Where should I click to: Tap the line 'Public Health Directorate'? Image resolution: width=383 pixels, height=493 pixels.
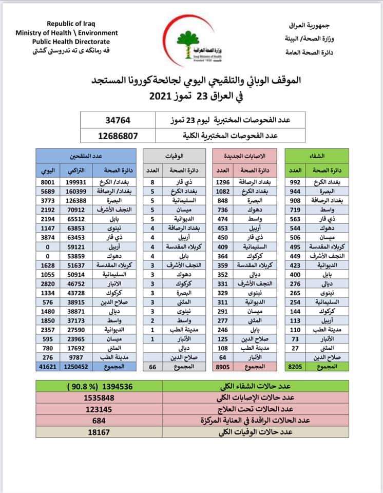pos(71,42)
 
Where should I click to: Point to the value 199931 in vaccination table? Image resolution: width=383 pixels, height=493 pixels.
pos(74,182)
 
